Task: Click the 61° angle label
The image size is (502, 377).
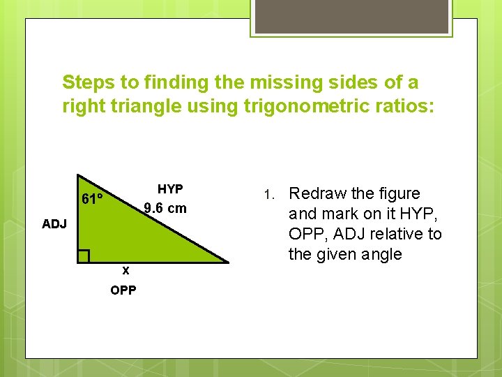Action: [x=93, y=199]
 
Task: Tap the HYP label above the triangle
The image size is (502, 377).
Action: [x=170, y=189]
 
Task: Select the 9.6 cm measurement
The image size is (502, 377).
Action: [x=165, y=208]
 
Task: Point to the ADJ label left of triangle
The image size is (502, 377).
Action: [x=54, y=224]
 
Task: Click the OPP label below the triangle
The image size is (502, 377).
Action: [x=123, y=290]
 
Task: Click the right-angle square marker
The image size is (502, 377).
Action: [x=84, y=256]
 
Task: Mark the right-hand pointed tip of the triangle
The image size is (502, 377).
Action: [x=228, y=262]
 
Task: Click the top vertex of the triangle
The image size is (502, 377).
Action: [x=77, y=175]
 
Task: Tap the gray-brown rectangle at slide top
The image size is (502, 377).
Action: [x=351, y=17]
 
